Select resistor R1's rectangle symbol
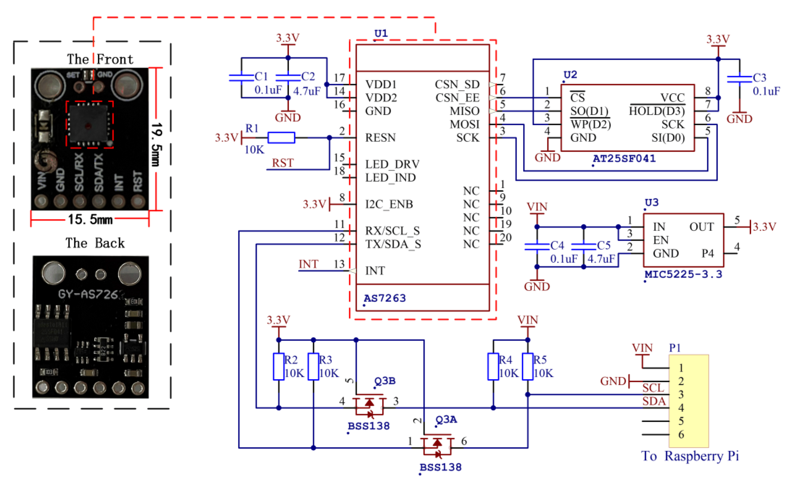[281, 137]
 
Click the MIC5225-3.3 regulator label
[683, 274]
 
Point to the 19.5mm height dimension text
[157, 144]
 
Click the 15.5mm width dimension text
[90, 219]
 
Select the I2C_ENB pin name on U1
[389, 204]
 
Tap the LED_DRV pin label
[392, 164]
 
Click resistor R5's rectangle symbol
[527, 367]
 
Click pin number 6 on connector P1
[681, 434]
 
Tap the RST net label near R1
[283, 163]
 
